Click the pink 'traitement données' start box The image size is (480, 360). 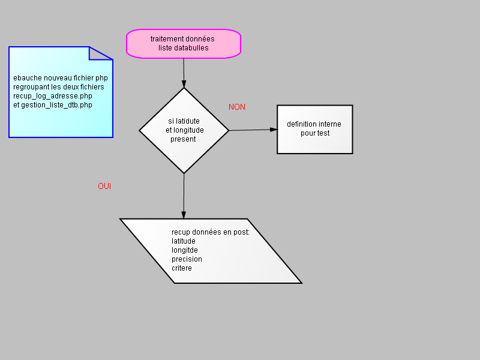[184, 43]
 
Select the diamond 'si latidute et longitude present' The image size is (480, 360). [184, 130]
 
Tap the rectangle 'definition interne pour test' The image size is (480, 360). [314, 129]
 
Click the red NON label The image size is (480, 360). [237, 107]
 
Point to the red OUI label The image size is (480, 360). [104, 186]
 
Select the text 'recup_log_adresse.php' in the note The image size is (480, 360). [53, 96]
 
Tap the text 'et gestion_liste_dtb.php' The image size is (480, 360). [53, 105]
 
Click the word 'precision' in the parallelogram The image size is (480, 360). [187, 259]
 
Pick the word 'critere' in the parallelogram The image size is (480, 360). [182, 268]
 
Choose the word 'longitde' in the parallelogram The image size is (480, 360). [185, 250]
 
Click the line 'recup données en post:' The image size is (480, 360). [211, 232]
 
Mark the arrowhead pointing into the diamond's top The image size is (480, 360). [184, 84]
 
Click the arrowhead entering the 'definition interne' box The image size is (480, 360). [274, 130]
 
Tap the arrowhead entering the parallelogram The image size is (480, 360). [184, 215]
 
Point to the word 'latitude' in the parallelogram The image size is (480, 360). [184, 241]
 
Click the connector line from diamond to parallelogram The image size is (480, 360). [184, 196]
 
